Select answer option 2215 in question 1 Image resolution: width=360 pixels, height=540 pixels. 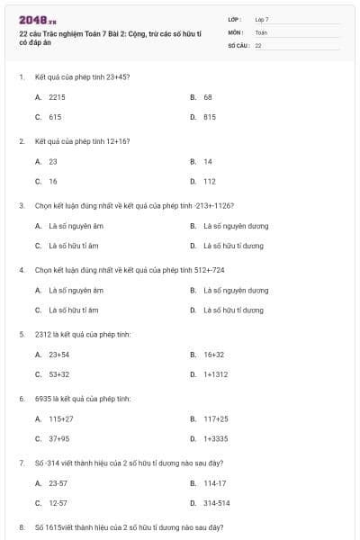coord(57,95)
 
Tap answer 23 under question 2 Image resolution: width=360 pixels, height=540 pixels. coord(53,161)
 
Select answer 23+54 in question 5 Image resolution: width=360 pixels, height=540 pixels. coord(59,355)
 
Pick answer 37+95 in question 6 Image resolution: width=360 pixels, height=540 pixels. coord(59,438)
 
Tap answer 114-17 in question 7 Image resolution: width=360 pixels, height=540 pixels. coord(216,483)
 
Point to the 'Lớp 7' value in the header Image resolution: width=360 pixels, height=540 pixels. coord(262,19)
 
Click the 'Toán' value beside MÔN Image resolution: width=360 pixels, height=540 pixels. coord(261,31)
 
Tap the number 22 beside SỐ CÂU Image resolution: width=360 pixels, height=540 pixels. coord(258,44)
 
